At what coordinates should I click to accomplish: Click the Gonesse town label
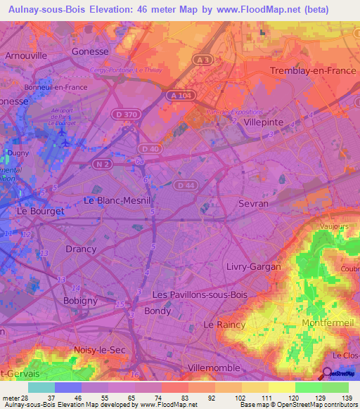click(x=91, y=51)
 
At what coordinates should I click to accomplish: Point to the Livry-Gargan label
click(x=253, y=266)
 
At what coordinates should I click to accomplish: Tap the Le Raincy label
click(x=224, y=325)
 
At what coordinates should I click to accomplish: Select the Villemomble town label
click(x=215, y=368)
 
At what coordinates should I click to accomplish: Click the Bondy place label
click(x=157, y=311)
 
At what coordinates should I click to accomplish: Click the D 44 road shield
click(x=186, y=185)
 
